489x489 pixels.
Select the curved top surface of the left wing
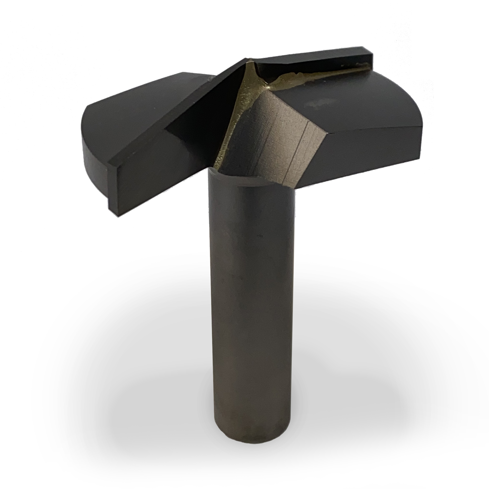(132, 101)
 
